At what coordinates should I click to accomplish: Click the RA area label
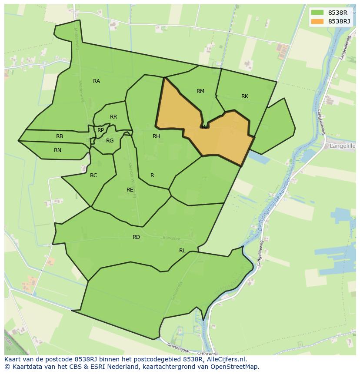tap(97, 81)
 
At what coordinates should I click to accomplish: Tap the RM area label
tap(200, 91)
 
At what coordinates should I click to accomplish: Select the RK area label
tap(245, 96)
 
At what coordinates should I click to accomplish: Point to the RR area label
tap(113, 117)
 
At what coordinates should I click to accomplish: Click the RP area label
tap(101, 130)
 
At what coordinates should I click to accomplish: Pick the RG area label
tap(110, 141)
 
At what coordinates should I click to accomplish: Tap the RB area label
tap(60, 136)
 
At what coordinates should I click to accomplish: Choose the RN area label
tap(57, 150)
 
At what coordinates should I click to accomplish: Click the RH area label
tap(156, 136)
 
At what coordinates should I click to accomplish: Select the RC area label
tap(93, 175)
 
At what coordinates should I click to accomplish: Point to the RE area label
tap(130, 190)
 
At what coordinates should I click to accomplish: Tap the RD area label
tap(137, 237)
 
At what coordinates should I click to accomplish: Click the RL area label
tap(182, 251)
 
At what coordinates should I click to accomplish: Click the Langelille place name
tap(343, 146)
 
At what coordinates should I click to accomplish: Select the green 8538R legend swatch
tap(317, 13)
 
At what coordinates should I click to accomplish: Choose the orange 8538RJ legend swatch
tap(317, 21)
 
